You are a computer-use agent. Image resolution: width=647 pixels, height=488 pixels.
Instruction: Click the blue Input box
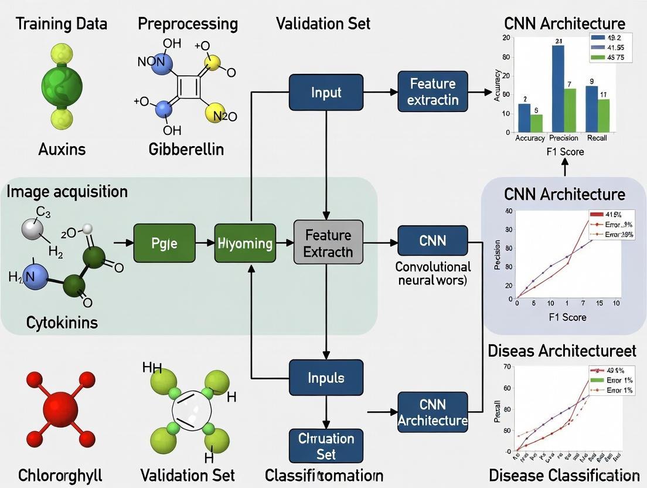pyautogui.click(x=326, y=92)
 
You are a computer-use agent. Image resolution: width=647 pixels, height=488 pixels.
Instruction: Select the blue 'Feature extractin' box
pyautogui.click(x=433, y=91)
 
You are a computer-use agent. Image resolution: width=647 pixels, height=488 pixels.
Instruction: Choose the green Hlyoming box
pyautogui.click(x=245, y=242)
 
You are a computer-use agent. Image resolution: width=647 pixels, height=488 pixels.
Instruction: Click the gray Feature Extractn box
pyautogui.click(x=328, y=243)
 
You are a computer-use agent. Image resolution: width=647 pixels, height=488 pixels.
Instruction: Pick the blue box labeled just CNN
pyautogui.click(x=433, y=240)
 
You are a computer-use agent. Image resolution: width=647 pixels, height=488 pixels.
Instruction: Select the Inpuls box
pyautogui.click(x=326, y=378)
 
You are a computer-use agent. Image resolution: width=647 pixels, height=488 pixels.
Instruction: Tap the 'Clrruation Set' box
pyautogui.click(x=326, y=446)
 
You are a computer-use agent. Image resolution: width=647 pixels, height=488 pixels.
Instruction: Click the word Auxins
pyautogui.click(x=62, y=149)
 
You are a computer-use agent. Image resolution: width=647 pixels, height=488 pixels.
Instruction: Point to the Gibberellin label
pyautogui.click(x=186, y=149)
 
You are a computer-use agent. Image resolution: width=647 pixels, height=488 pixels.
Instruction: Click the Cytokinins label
pyautogui.click(x=62, y=322)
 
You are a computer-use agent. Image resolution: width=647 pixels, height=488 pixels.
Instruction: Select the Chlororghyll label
pyautogui.click(x=60, y=475)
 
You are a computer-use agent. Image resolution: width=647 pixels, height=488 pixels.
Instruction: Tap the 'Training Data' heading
pyautogui.click(x=62, y=24)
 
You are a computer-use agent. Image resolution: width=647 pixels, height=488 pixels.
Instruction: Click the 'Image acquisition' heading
pyautogui.click(x=67, y=191)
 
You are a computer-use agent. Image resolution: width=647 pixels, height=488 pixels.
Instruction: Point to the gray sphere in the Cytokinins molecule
pyautogui.click(x=32, y=229)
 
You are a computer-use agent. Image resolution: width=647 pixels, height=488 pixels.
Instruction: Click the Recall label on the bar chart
pyautogui.click(x=597, y=138)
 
